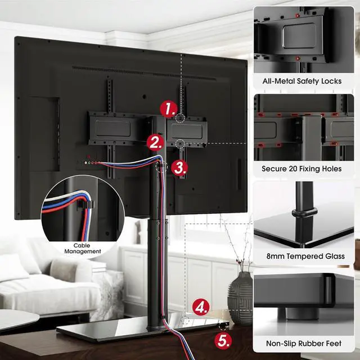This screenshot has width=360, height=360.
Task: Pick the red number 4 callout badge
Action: (201, 308)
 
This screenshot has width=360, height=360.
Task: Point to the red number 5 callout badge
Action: (208, 340)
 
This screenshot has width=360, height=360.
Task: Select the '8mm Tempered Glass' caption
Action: (305, 256)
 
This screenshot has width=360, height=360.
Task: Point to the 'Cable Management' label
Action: (87, 248)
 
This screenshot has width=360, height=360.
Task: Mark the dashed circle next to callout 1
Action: (180, 118)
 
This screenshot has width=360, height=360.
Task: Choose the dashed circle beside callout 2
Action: (180, 144)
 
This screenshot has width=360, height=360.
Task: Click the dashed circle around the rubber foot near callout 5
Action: (223, 325)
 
